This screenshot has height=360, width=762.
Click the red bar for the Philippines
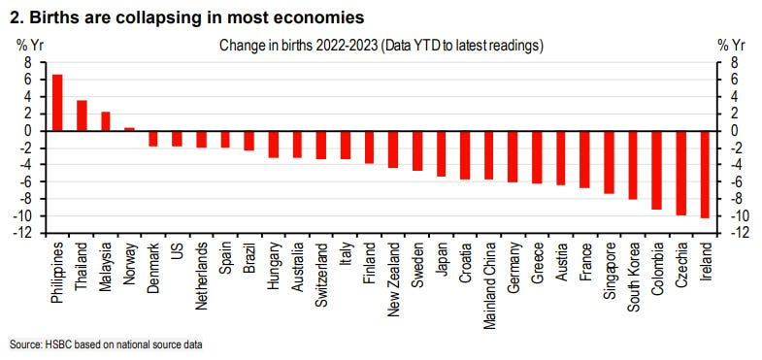[57, 103]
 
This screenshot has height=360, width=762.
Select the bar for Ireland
[705, 175]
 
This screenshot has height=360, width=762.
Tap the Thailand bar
[82, 115]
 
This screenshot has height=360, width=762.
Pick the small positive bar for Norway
[129, 129]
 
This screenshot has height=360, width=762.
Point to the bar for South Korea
[633, 165]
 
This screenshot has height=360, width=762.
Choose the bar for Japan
[441, 154]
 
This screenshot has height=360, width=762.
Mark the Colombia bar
[656, 171]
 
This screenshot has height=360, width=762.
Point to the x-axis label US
[178, 247]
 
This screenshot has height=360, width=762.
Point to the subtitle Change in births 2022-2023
[299, 47]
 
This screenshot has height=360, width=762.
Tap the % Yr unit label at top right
[731, 47]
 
